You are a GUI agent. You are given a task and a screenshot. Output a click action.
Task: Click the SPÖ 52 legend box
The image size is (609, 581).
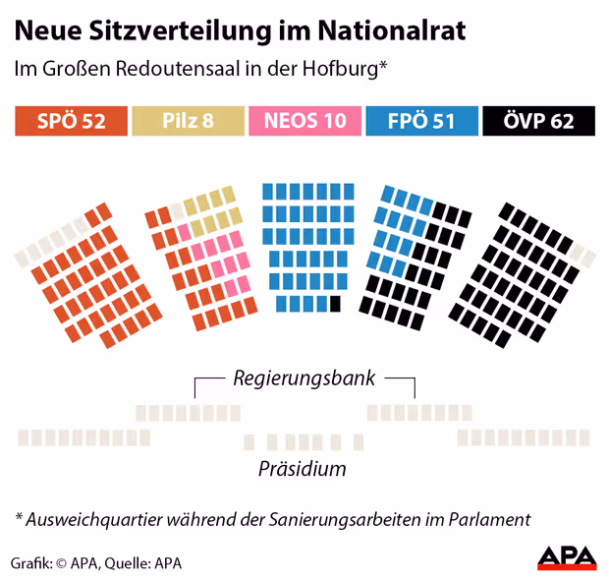tap(72, 122)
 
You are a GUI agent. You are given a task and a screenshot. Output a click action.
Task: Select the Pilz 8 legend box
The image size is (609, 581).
tap(188, 122)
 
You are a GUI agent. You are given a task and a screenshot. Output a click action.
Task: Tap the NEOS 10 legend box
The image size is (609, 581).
tap(304, 122)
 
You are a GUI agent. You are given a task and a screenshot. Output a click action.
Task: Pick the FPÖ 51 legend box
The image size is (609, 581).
tap(421, 122)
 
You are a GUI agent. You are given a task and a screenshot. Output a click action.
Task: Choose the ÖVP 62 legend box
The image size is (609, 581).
tap(539, 122)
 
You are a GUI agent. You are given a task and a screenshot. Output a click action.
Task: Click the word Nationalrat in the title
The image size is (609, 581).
tap(392, 31)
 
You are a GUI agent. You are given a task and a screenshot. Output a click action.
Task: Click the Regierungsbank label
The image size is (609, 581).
tap(304, 378)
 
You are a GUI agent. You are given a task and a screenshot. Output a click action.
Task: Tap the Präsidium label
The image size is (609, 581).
tap(303, 468)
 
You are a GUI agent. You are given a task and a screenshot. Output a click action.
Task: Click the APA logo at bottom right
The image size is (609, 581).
tap(567, 557)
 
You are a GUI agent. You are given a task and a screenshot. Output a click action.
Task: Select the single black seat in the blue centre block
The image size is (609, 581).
tap(335, 304)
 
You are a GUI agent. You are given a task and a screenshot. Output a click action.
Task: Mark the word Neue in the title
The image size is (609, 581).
tap(44, 31)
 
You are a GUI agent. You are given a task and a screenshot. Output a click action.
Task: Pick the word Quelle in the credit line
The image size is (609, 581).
tap(127, 563)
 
